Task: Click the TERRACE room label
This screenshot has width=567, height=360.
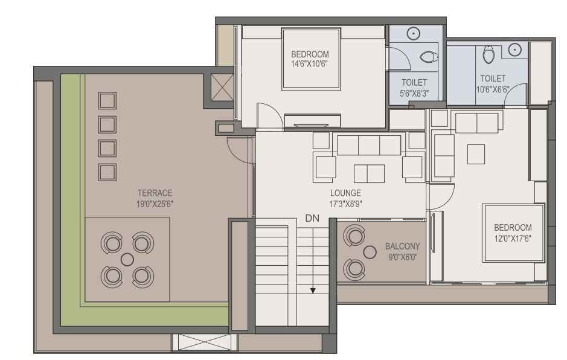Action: [155, 193]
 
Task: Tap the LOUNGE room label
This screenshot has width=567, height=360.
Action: [345, 193]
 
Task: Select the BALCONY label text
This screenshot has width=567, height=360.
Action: [403, 246]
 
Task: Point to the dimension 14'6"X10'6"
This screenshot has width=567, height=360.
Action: [310, 65]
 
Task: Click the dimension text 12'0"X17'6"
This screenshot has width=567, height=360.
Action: [513, 239]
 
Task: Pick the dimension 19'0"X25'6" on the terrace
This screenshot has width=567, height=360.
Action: [155, 204]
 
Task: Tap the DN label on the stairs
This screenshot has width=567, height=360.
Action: [312, 218]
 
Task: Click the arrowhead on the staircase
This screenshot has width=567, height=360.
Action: [313, 291]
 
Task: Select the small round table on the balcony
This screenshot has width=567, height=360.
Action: [370, 252]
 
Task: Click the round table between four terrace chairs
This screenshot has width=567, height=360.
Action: [127, 259]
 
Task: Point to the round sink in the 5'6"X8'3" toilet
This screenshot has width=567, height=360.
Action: [413, 33]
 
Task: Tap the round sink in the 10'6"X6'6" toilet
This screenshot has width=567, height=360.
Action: [514, 49]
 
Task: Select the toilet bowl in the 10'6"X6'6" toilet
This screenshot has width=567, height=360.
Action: [488, 54]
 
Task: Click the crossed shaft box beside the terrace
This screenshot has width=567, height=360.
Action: [222, 87]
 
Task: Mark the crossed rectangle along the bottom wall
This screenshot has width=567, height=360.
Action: [204, 342]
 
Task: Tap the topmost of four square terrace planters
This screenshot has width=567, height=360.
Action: [107, 100]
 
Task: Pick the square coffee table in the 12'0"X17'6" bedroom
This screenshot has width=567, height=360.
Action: [476, 154]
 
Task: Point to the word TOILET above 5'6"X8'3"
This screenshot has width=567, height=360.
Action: [414, 83]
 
